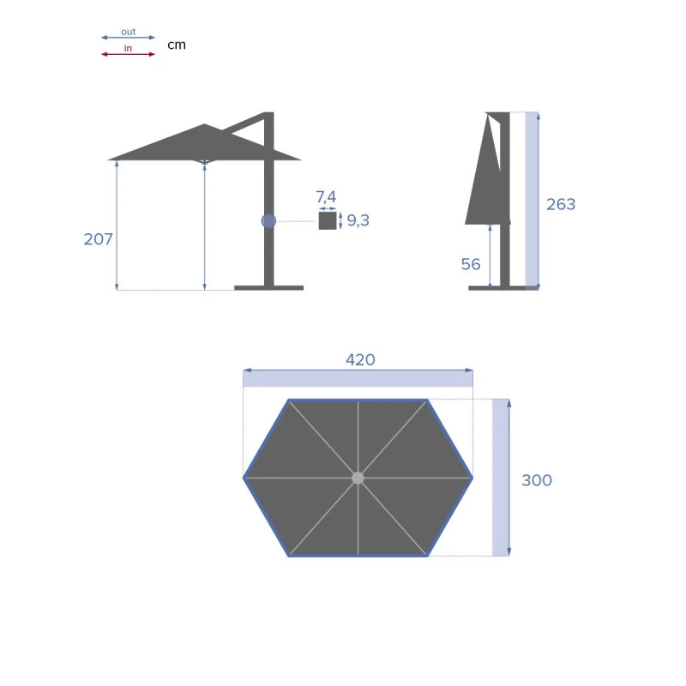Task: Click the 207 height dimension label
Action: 98,239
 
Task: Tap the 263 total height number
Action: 561,204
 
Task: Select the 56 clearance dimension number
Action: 471,264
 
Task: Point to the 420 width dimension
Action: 360,360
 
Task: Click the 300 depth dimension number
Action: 537,480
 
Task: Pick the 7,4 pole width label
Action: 326,199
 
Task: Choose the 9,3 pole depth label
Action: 358,220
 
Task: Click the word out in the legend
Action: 128,32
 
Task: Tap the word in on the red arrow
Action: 128,49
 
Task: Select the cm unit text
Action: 176,45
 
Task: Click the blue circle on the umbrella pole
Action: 268,221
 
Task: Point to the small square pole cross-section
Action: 328,221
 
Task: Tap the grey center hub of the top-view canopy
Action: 358,478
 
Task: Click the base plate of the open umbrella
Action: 268,287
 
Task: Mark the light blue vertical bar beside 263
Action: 532,199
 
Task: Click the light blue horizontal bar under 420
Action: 358,378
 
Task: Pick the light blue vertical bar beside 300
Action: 501,477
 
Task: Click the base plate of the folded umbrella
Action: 496,287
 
